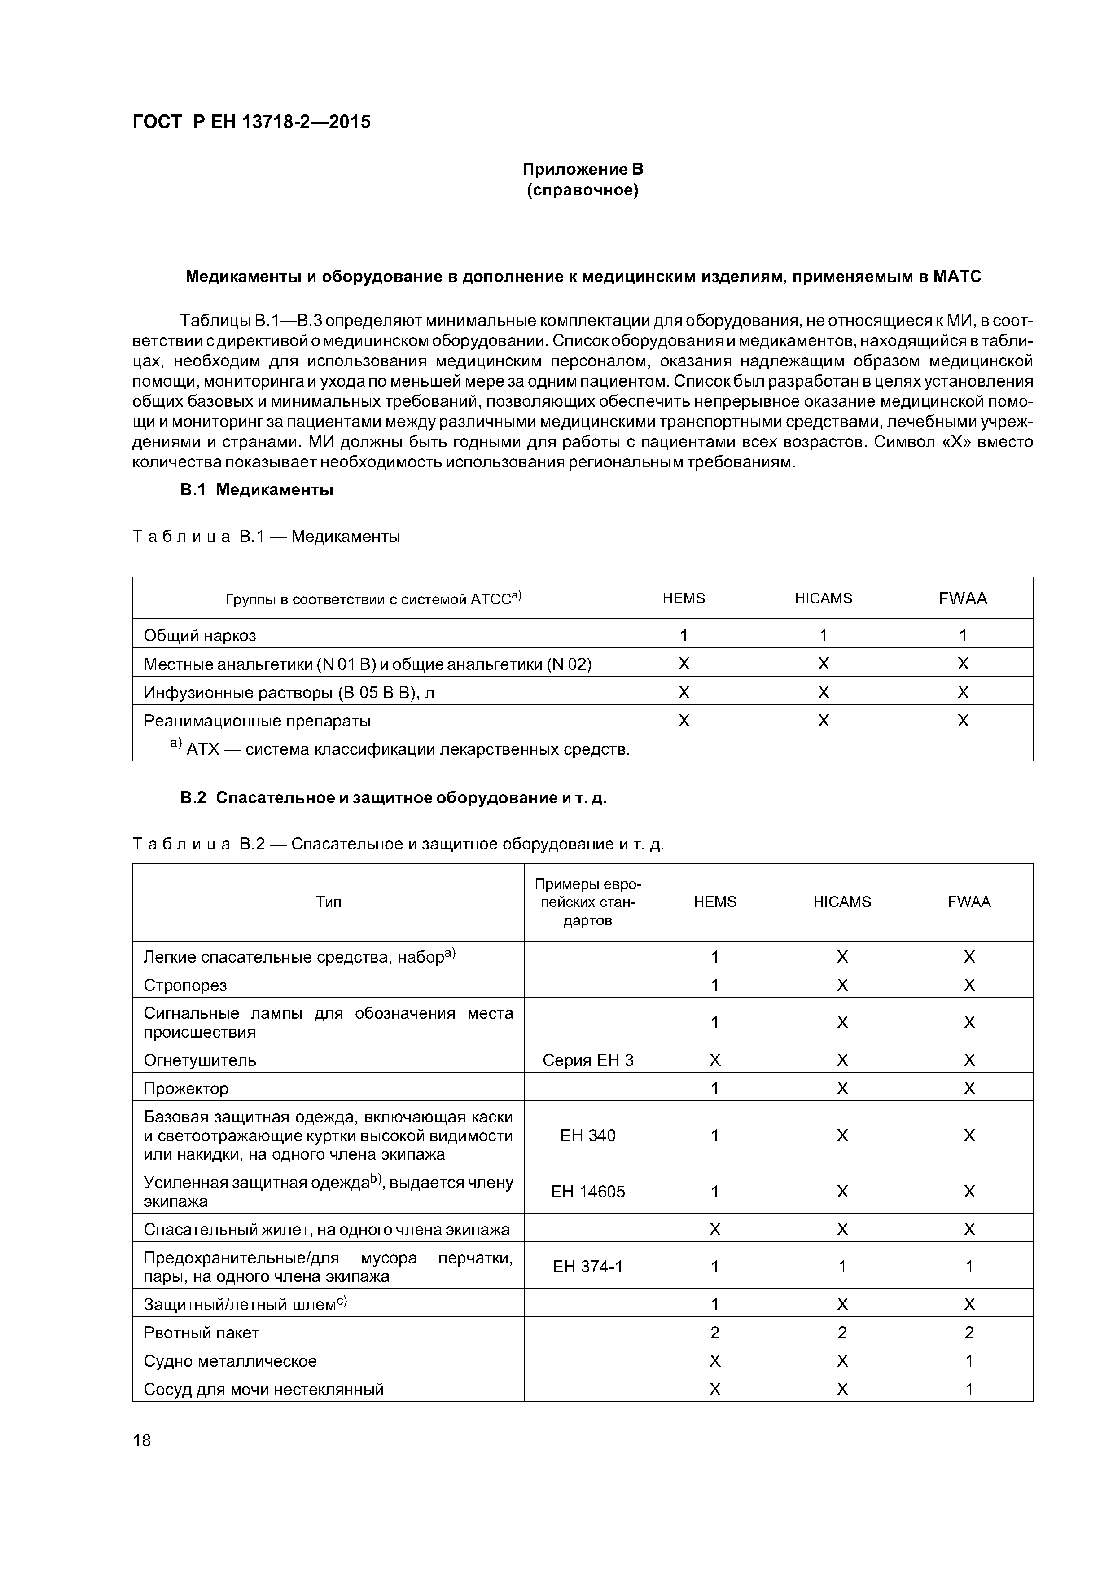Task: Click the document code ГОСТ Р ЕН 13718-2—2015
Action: pos(251,122)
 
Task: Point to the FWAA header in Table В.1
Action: pos(962,599)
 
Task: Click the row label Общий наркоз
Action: pos(200,636)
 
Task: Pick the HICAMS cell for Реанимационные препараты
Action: pos(823,721)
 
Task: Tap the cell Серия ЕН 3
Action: pos(588,1060)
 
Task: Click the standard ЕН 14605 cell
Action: pos(588,1192)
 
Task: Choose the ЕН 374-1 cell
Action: pos(588,1266)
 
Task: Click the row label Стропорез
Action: pos(185,986)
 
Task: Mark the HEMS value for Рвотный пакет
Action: pos(714,1333)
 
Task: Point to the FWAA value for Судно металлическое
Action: pos(968,1361)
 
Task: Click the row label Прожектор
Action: pos(186,1089)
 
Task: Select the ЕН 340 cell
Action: pos(588,1135)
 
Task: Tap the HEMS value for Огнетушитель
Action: pos(714,1060)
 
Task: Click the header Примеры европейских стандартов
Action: pos(588,902)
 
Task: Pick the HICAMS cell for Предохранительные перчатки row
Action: pos(841,1266)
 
